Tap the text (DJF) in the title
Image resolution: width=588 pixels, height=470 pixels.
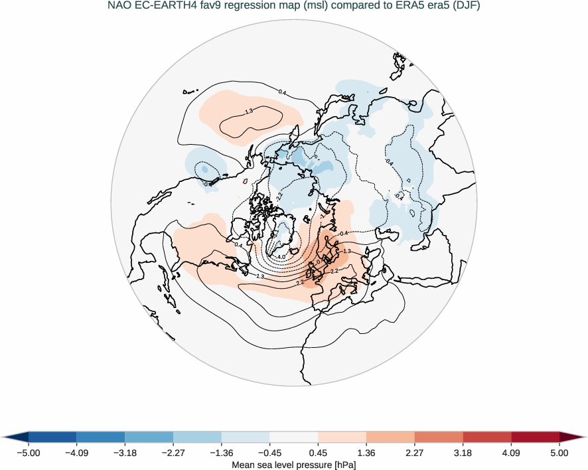point(467,7)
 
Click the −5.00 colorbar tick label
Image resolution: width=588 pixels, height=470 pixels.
point(27,453)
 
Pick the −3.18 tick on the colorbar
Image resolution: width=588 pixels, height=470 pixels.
point(124,453)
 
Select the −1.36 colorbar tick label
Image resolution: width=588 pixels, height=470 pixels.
point(221,453)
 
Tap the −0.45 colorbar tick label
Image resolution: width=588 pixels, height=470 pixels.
point(269,453)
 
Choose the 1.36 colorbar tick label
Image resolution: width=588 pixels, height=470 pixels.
point(366,453)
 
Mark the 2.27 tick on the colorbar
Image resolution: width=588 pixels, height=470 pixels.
point(415,453)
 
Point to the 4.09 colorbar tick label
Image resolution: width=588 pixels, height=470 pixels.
point(512,453)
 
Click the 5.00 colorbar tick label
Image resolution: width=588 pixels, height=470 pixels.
point(559,453)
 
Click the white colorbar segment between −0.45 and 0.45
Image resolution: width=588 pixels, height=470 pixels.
point(294,436)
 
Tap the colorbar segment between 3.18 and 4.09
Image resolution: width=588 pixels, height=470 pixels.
point(487,436)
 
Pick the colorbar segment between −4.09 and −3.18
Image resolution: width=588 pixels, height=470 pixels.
point(100,436)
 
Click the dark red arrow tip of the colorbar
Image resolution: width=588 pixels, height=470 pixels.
point(573,436)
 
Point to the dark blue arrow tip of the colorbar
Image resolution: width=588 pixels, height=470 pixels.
point(15,436)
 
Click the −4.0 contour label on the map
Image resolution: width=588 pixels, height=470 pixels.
point(280,256)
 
